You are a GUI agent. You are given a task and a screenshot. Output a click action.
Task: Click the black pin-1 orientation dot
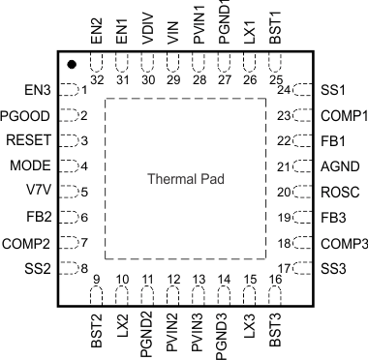click(73, 65)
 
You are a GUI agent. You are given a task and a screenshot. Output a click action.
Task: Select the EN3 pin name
click(39, 90)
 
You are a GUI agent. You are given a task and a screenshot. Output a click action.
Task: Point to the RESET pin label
click(34, 140)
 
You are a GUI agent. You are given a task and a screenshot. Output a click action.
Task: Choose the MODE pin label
click(37, 165)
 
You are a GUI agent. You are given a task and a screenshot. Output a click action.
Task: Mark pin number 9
click(97, 281)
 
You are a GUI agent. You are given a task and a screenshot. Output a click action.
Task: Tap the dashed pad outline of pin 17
click(300, 268)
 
